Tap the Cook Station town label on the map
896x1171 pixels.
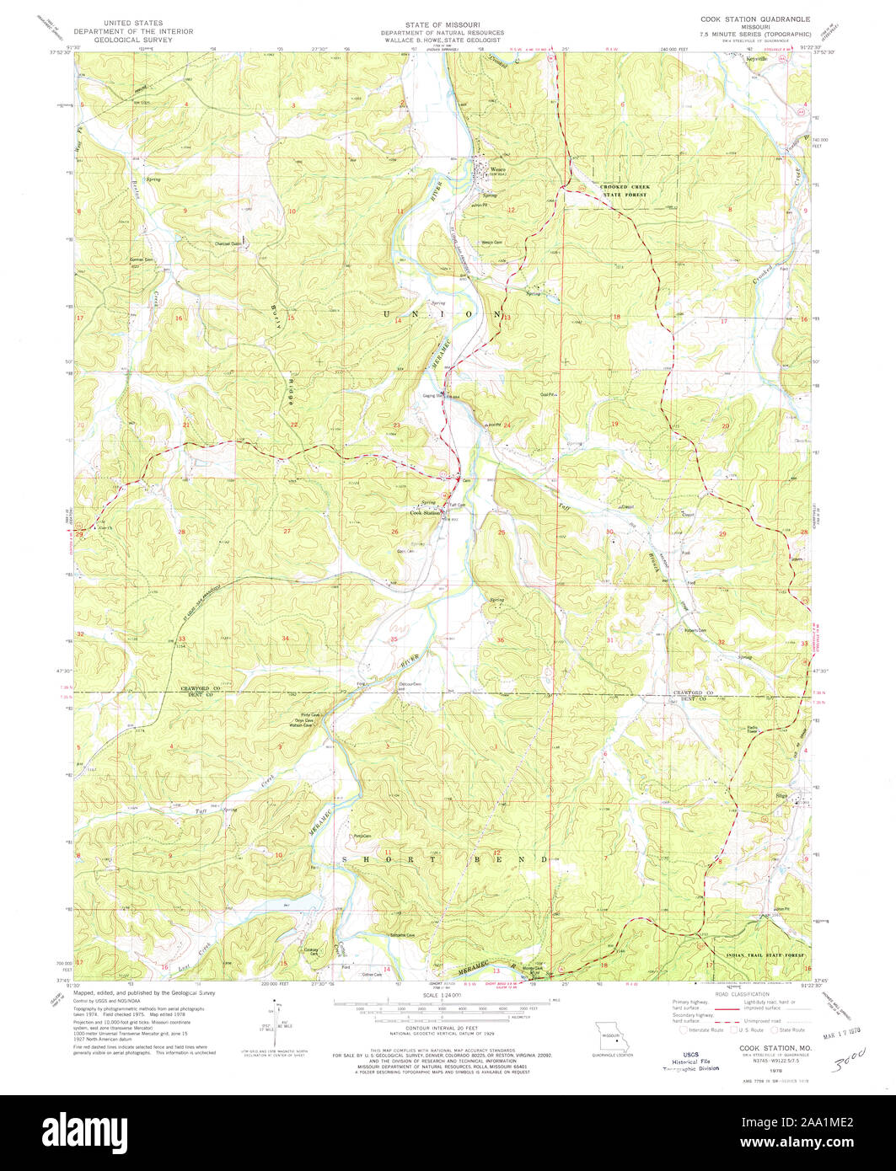pos(426,513)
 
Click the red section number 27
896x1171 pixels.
pos(287,532)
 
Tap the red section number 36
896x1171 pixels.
pos(501,640)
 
